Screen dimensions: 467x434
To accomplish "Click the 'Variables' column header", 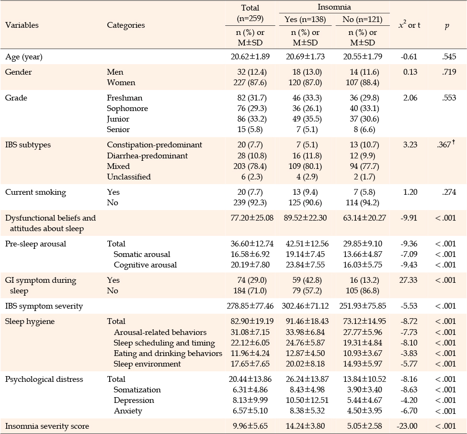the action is (22, 25).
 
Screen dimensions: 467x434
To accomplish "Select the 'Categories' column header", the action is (125, 25).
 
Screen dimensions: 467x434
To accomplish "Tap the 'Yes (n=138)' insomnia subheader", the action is (305, 19).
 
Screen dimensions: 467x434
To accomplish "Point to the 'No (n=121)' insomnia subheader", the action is (363, 19).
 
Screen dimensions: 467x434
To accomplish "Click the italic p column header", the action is (447, 26).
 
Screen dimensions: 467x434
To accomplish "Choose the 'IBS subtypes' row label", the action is (28, 145).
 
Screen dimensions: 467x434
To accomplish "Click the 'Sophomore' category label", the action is (127, 109).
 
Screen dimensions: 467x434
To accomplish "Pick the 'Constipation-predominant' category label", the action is (154, 145).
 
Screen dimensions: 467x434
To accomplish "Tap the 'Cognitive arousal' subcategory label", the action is (145, 265).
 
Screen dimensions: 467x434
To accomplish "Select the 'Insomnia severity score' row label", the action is (47, 426).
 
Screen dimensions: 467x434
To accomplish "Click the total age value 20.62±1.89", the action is (250, 56).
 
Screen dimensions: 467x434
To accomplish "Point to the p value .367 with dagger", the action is (446, 145).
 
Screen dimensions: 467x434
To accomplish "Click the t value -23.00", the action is (407, 426).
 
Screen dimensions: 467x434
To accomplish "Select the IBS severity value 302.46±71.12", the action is (305, 306).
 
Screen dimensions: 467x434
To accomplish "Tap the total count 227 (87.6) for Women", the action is (250, 82).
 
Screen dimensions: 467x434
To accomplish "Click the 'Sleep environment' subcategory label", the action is (147, 364).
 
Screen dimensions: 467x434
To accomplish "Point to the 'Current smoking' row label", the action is (35, 192).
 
